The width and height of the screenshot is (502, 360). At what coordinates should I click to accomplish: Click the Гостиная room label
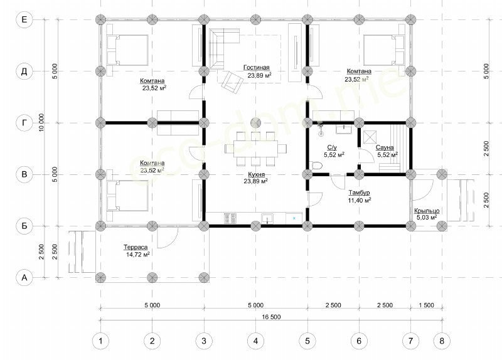[257, 68]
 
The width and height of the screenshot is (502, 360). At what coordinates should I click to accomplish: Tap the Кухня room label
[257, 174]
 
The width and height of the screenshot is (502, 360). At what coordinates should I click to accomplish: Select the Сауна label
[385, 147]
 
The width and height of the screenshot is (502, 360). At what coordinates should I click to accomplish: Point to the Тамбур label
[359, 193]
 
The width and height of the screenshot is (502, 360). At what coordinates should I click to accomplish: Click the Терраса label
[136, 247]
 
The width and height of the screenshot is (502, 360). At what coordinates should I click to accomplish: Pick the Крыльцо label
[427, 211]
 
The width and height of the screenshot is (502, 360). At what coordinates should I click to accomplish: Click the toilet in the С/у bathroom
[316, 166]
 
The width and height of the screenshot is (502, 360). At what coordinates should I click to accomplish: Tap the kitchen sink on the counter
[267, 218]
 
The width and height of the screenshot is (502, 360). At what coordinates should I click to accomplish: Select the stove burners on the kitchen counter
[230, 218]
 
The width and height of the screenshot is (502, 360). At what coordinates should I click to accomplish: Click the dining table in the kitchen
[255, 149]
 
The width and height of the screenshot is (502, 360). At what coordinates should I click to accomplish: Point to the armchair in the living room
[232, 82]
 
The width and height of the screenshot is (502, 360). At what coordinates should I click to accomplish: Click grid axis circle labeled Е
[24, 19]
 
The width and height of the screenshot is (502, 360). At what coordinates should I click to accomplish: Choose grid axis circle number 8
[442, 341]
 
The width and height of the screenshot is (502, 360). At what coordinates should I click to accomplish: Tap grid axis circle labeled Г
[24, 122]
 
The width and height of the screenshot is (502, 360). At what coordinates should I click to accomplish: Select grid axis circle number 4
[255, 341]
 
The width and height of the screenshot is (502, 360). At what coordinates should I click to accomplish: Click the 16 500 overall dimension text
[271, 317]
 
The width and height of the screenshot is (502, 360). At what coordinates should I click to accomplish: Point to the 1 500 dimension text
[427, 305]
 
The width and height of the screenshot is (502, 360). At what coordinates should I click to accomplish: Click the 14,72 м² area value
[138, 255]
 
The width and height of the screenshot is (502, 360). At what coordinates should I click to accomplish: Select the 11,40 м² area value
[360, 201]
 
